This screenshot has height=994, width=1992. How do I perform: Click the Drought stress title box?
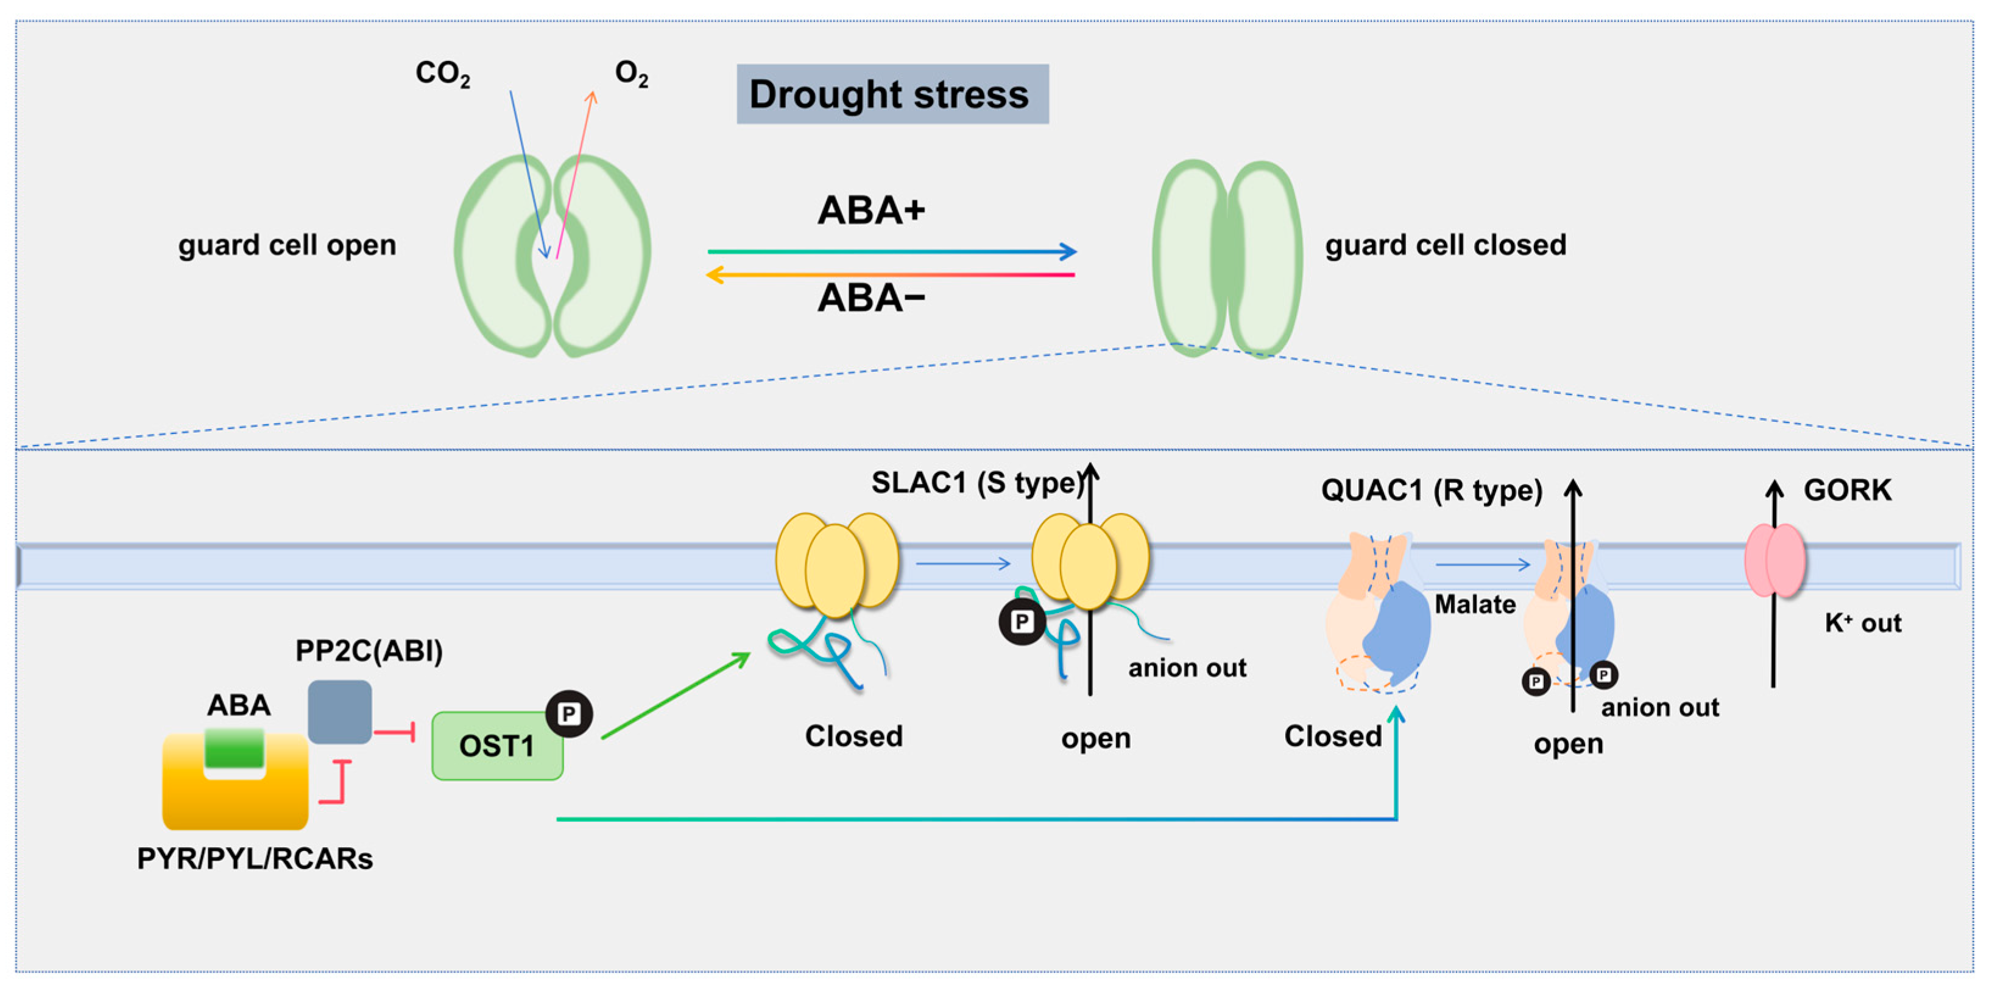[892, 94]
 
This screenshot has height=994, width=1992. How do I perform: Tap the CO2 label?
[442, 74]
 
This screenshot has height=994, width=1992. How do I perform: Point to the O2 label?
[631, 74]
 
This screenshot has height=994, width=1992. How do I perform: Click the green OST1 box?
[496, 746]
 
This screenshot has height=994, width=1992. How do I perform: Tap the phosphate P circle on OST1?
[569, 713]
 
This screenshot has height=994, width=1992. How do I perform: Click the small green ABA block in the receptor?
[235, 748]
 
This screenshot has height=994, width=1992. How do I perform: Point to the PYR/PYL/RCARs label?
[255, 859]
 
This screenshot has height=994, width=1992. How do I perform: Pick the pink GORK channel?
[1775, 561]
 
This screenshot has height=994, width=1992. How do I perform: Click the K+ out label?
[1862, 623]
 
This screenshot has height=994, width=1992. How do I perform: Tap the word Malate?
[1475, 604]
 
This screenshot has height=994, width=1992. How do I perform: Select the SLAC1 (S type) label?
[976, 483]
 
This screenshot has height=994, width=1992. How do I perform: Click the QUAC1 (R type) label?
[1432, 490]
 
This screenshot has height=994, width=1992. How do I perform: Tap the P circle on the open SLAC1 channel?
[1022, 621]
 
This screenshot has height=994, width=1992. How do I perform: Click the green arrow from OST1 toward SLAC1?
[675, 696]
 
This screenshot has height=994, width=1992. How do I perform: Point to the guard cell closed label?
[1446, 245]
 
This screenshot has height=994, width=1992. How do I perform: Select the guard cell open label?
[287, 245]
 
